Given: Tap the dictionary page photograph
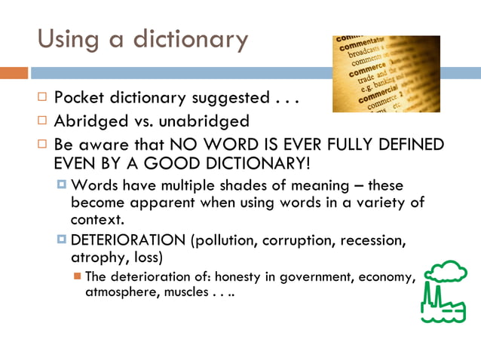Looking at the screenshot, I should tap(386, 73).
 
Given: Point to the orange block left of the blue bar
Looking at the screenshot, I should tap(14, 73).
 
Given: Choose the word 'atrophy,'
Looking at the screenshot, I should tap(100, 258).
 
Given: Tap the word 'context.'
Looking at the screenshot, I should tap(97, 219).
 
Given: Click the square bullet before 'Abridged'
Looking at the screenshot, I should tap(44, 121).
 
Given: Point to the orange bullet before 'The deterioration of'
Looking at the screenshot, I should tap(78, 276).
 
